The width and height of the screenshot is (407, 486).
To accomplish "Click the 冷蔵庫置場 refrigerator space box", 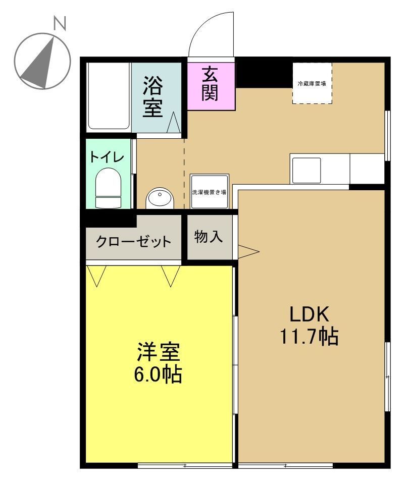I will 312,83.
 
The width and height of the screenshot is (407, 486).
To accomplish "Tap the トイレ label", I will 107,157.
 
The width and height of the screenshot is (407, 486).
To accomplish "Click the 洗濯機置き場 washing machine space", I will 209,192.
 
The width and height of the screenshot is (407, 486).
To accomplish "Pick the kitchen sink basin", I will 306,170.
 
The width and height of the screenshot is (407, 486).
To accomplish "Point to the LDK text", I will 309,314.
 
